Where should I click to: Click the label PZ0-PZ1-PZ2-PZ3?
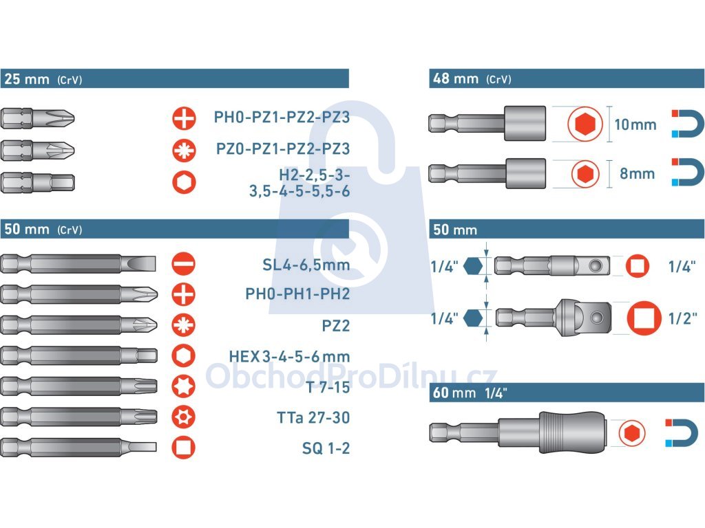tap(283, 148)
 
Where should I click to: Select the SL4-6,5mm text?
tap(306, 265)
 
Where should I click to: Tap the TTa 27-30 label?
tap(313, 417)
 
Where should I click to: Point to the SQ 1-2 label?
tap(326, 448)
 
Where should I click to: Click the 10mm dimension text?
tap(635, 124)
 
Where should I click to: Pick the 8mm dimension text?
tap(637, 173)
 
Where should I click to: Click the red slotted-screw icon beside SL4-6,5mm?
tap(183, 263)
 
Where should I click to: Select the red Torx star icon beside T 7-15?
tap(183, 386)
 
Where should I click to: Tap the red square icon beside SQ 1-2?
tap(183, 448)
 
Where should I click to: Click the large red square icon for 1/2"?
tap(644, 318)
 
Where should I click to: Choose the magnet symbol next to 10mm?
tap(688, 124)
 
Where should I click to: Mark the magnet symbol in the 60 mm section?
tap(682, 433)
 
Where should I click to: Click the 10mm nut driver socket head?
tap(525, 123)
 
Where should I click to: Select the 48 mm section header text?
tap(472, 79)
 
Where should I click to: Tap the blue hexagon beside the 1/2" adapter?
tap(472, 318)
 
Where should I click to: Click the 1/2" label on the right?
tap(682, 318)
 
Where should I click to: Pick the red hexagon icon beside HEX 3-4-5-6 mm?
tap(183, 355)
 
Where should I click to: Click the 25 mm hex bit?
tap(37, 183)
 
